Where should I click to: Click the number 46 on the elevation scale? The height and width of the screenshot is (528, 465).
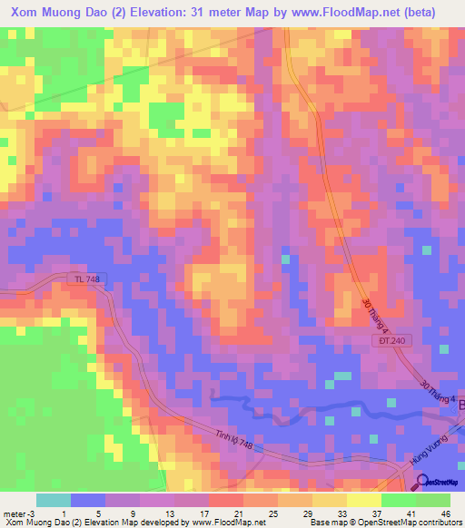444,513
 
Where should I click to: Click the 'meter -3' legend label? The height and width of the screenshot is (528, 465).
17,513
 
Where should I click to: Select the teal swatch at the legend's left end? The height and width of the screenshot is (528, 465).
54,500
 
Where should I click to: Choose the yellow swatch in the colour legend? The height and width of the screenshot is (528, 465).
364,500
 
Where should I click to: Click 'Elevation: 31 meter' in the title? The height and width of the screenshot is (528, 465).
181,13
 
